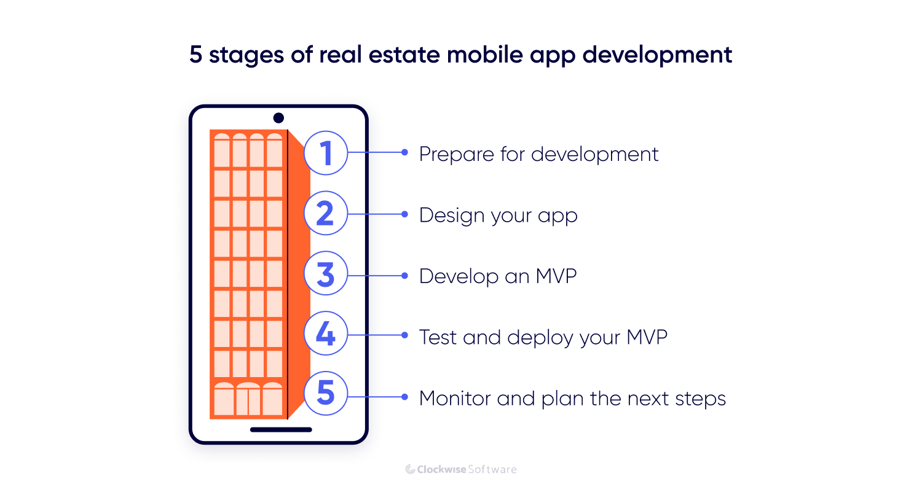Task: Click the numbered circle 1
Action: tap(326, 152)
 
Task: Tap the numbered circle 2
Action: tap(326, 213)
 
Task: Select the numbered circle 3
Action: tap(326, 274)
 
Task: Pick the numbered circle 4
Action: tap(326, 335)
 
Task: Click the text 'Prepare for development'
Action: tap(538, 154)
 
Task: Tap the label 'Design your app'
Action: tap(498, 216)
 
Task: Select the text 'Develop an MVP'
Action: tap(498, 276)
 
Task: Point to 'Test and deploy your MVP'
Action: tap(543, 337)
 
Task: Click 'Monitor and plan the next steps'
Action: tap(572, 398)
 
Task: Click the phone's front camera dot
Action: tap(278, 118)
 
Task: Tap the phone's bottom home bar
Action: tap(281, 430)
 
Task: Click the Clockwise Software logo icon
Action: tap(411, 470)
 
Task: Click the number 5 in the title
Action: tap(195, 55)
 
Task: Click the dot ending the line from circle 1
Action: tap(404, 152)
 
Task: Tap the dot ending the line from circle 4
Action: tap(404, 335)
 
